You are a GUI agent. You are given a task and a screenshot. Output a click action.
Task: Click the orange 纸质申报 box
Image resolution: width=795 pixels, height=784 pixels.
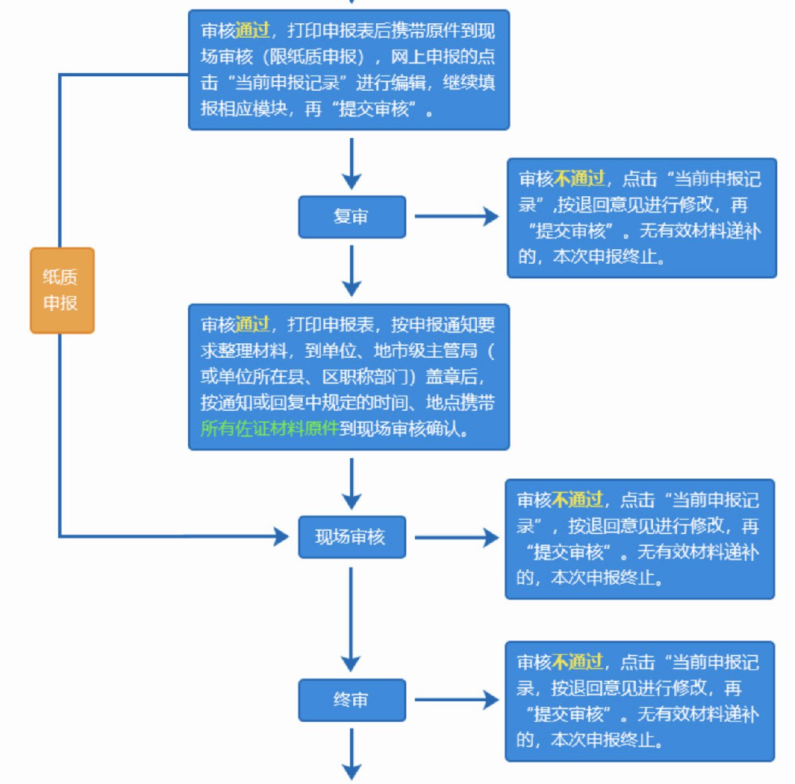pos(62,290)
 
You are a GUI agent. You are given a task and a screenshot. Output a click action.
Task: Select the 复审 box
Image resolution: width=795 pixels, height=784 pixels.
pos(351,217)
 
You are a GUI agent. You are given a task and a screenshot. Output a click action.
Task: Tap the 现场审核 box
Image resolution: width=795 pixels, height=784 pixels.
pos(351,537)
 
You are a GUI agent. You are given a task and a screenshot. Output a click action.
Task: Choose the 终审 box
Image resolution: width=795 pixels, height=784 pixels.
pos(351,700)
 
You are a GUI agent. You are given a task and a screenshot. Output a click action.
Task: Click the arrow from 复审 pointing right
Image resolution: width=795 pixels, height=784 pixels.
pos(456,217)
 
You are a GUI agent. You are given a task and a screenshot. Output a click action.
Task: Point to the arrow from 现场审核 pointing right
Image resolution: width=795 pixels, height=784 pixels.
pos(456,537)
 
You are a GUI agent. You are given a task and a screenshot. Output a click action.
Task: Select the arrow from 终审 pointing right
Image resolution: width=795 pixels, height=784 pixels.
pos(456,700)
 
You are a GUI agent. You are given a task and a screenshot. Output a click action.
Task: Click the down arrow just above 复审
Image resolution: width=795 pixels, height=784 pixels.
pos(351,164)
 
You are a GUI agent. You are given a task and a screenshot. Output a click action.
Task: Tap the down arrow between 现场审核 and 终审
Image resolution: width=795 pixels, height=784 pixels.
pos(351,619)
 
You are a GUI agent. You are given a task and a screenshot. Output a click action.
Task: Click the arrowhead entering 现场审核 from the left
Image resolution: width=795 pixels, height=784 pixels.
pos(281,536)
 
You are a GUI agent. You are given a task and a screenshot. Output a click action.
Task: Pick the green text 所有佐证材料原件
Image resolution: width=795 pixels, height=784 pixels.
pos(269,428)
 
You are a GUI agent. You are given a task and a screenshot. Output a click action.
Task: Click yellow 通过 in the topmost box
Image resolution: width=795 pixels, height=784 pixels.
pos(252,30)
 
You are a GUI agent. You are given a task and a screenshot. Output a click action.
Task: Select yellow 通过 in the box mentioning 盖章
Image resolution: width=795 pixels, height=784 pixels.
pos(252,325)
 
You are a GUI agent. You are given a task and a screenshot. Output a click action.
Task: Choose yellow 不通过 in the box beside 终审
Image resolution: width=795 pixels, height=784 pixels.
pos(577,662)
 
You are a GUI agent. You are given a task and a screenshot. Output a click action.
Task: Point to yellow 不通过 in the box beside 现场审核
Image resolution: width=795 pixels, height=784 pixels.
pos(577,500)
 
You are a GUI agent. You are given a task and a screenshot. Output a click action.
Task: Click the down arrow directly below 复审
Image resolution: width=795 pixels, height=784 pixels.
pos(351,270)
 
